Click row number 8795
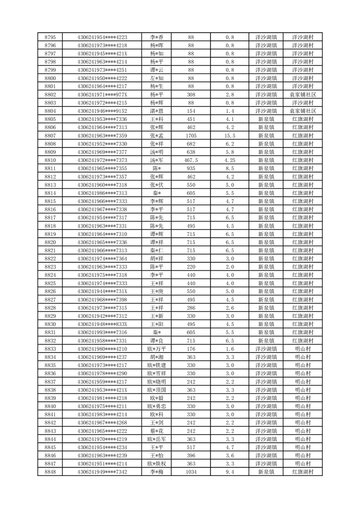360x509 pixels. point(50,37)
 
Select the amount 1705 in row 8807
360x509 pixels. point(191,136)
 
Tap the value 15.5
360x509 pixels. point(230,136)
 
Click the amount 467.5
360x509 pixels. point(191,160)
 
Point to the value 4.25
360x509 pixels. point(230,160)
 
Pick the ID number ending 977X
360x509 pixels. point(102,95)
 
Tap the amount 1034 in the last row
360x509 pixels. point(191,472)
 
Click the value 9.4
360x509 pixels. point(230,472)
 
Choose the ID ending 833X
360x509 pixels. point(102,324)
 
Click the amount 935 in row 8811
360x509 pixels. point(191,168)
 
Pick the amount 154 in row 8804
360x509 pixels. point(191,111)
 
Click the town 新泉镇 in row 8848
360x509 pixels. point(266,472)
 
